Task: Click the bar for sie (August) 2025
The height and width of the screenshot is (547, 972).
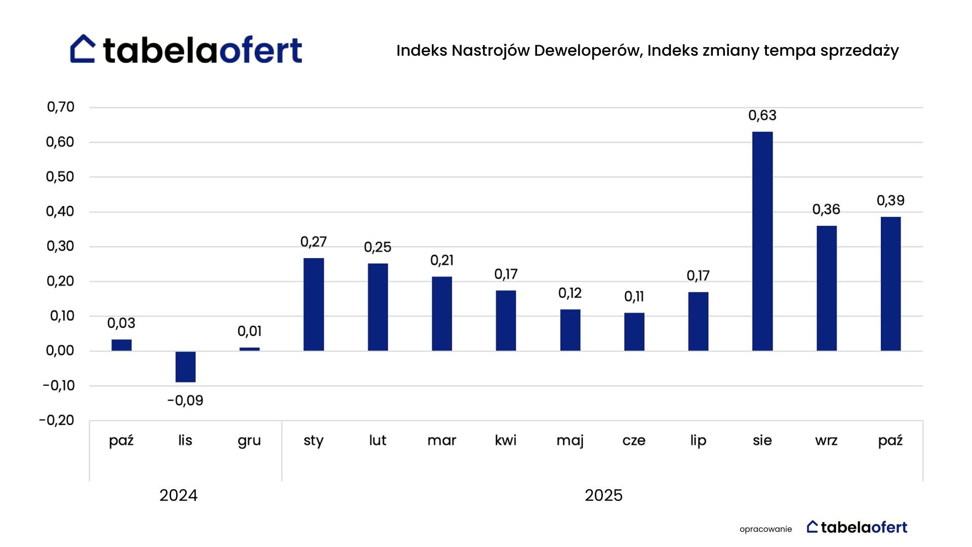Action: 762,241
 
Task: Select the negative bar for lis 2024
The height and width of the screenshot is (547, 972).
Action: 185,367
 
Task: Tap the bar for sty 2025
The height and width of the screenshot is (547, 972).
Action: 313,304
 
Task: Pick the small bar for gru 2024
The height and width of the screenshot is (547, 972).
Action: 249,349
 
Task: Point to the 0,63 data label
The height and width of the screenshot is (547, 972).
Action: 762,115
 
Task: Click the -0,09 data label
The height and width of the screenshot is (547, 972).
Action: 185,401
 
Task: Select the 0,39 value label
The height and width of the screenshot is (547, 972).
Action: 890,201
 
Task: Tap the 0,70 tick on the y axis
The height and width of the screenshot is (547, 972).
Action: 61,107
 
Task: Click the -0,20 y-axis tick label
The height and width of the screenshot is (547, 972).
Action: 57,420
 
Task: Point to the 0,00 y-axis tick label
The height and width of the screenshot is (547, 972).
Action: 60,350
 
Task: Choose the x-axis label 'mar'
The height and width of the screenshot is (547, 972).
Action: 441,441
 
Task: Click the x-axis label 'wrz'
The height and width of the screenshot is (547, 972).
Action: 826,441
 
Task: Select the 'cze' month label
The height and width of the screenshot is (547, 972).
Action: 634,441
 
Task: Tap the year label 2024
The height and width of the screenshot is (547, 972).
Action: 178,495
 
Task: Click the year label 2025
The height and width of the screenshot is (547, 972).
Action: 603,495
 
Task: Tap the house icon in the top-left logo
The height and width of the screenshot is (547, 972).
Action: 83,49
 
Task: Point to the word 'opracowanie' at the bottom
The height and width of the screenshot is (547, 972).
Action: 765,529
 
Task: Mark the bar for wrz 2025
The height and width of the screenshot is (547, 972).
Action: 826,288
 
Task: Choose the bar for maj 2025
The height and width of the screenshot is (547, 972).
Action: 570,330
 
